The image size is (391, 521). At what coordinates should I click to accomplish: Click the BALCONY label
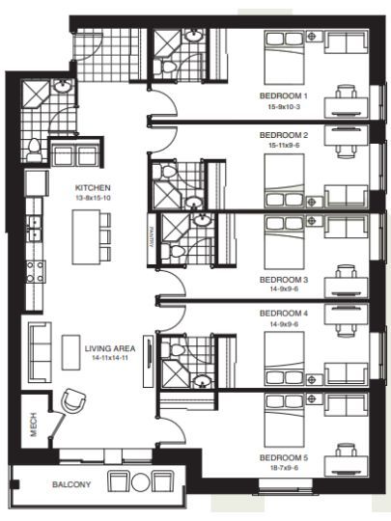point(71,484)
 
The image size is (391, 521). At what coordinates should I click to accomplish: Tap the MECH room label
point(34,425)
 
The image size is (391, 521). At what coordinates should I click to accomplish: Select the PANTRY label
point(152,237)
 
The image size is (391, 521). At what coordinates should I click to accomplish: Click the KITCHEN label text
point(93,188)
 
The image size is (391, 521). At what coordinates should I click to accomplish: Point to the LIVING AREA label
point(110,348)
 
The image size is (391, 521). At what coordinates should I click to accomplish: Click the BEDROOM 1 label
point(283,96)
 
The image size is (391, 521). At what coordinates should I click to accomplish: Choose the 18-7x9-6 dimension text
point(283,468)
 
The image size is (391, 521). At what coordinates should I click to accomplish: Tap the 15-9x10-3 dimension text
point(284,107)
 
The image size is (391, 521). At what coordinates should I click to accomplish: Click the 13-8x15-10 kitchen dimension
point(93,198)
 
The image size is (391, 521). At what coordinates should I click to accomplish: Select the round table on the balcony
point(141,482)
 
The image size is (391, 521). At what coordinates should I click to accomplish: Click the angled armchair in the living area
point(73,400)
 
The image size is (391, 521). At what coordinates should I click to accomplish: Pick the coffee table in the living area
point(70,352)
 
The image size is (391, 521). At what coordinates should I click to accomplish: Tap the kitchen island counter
point(87,237)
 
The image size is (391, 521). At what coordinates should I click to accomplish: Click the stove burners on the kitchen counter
point(36,271)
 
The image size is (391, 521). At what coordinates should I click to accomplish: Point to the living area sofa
point(40,352)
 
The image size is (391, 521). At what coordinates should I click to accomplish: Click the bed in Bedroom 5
point(284,420)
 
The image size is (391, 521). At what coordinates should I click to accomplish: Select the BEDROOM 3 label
point(284,280)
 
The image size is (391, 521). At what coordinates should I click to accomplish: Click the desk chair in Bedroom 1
point(347,91)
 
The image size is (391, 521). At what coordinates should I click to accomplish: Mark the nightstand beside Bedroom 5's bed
point(314,398)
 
